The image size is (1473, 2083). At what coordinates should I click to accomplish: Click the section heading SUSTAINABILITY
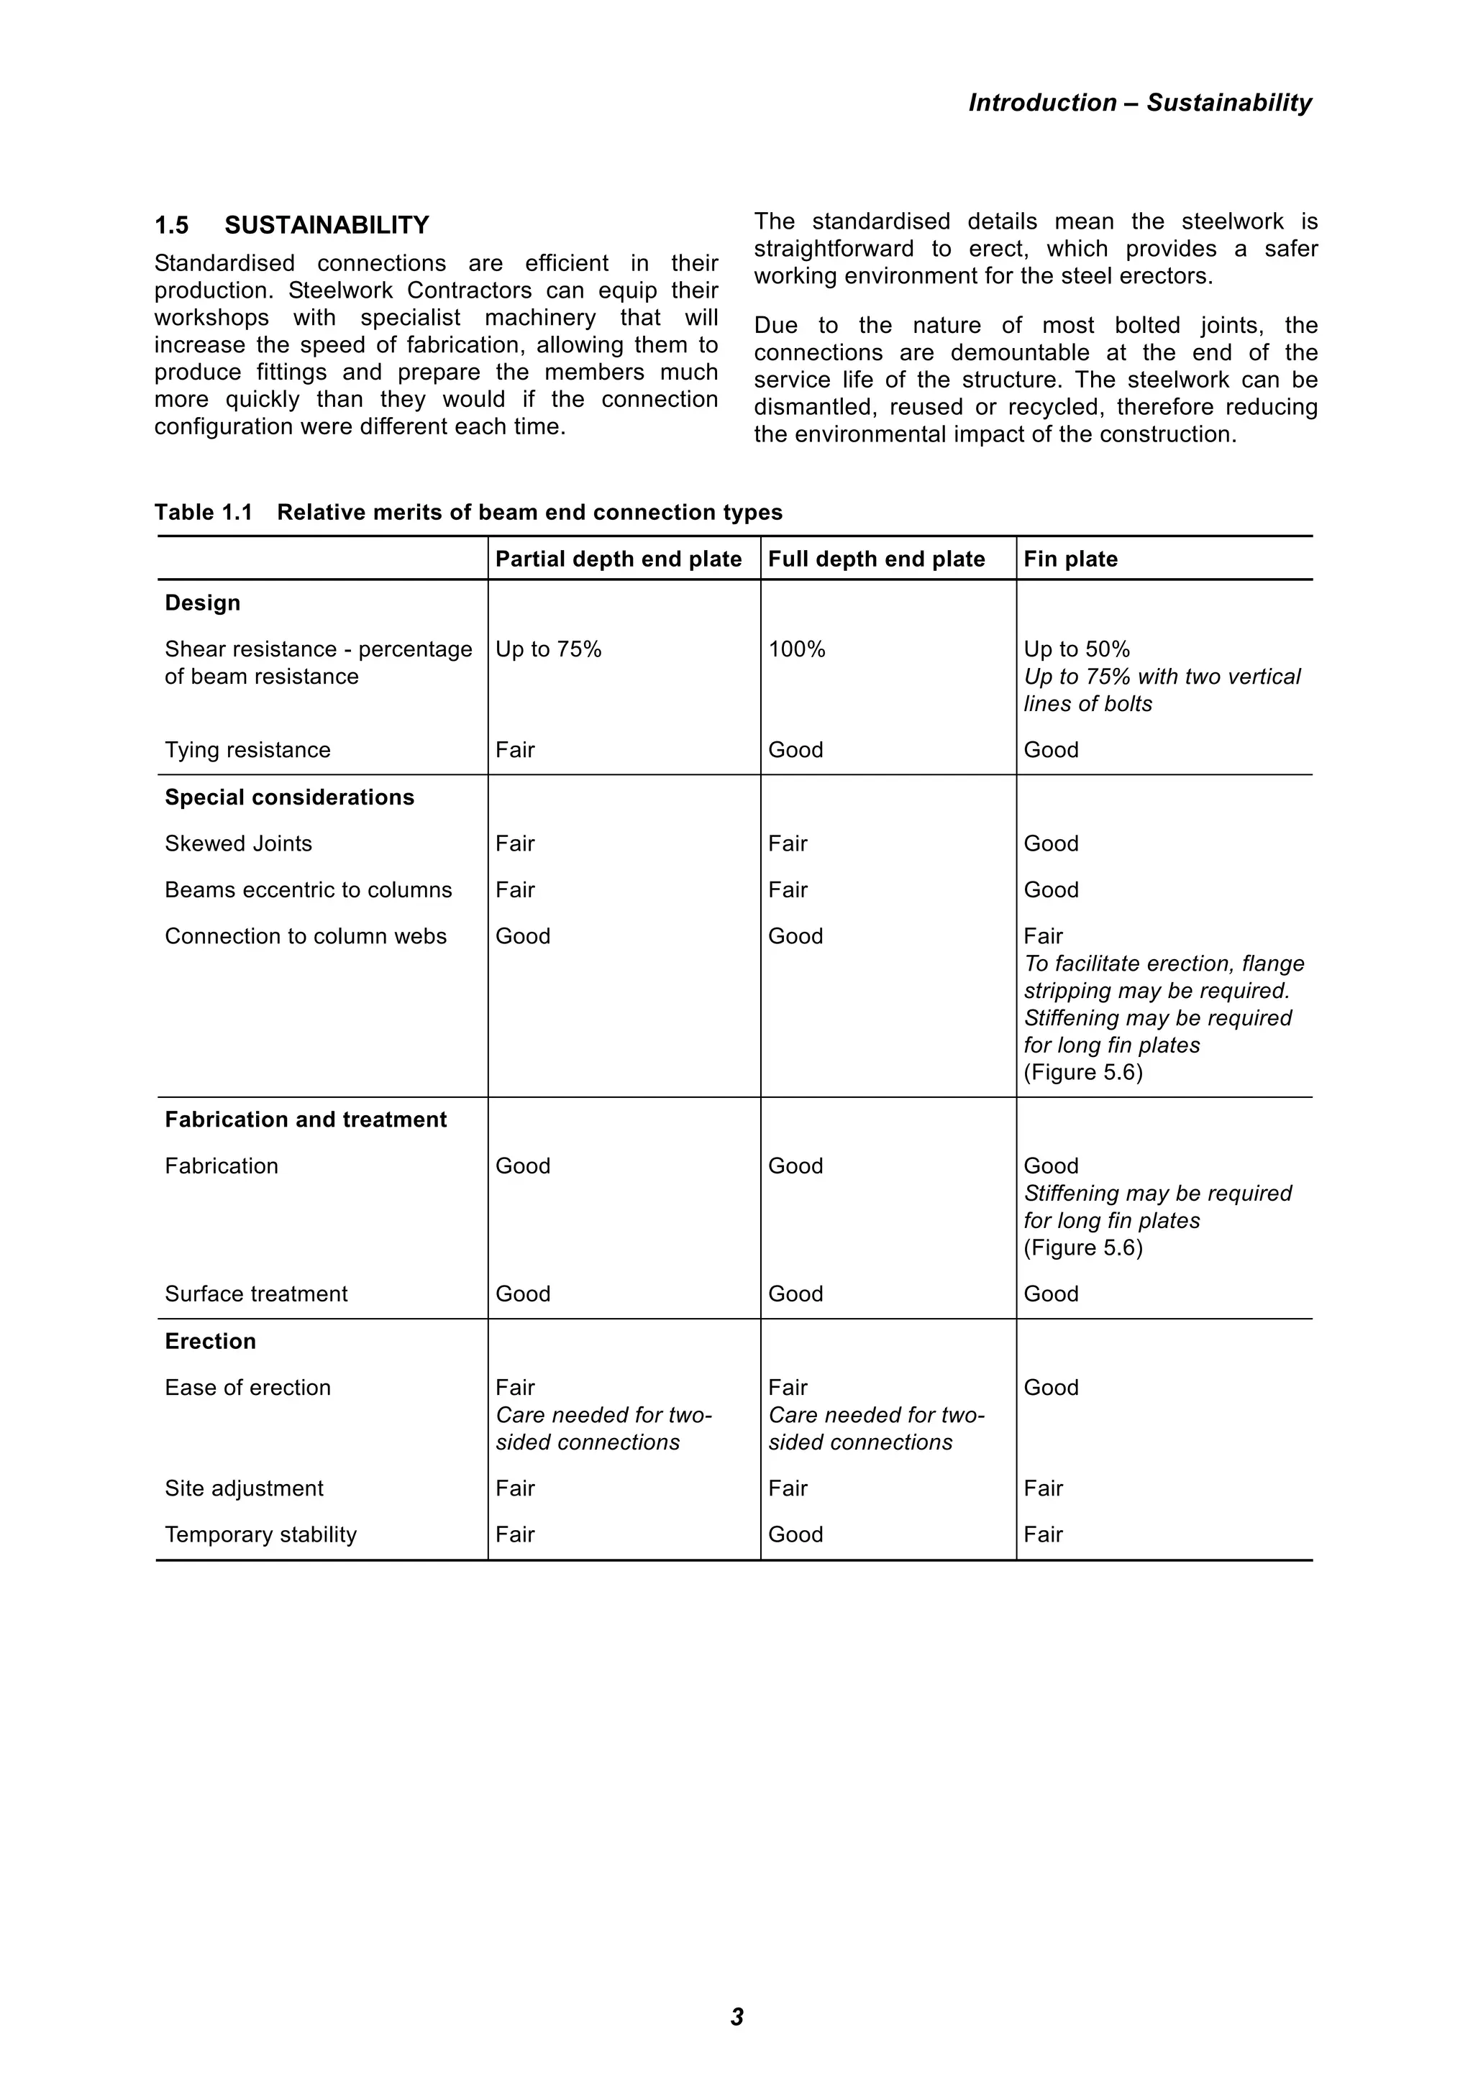pyautogui.click(x=327, y=225)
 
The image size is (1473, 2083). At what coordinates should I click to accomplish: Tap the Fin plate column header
pyautogui.click(x=1070, y=559)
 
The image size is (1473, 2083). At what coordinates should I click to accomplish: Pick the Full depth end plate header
pyautogui.click(x=876, y=559)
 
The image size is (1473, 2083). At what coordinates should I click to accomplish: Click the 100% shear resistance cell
pyautogui.click(x=796, y=649)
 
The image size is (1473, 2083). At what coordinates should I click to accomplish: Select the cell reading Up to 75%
pyautogui.click(x=548, y=649)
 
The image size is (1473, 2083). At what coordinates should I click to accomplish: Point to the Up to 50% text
pyautogui.click(x=1077, y=649)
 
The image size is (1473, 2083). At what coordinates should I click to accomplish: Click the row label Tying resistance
pyautogui.click(x=247, y=750)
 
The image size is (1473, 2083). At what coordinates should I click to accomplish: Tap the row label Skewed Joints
pyautogui.click(x=238, y=843)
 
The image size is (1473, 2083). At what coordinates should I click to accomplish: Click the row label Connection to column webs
pyautogui.click(x=305, y=936)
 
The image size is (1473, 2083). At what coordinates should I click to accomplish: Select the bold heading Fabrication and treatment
pyautogui.click(x=305, y=1120)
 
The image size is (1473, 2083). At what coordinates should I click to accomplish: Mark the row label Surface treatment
pyautogui.click(x=256, y=1294)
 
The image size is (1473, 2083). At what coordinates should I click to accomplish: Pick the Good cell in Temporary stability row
pyautogui.click(x=795, y=1534)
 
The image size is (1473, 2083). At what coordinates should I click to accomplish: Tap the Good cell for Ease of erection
pyautogui.click(x=1051, y=1387)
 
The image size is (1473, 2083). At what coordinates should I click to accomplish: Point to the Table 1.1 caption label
pyautogui.click(x=204, y=513)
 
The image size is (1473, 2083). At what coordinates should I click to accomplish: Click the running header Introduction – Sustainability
pyautogui.click(x=1139, y=103)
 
